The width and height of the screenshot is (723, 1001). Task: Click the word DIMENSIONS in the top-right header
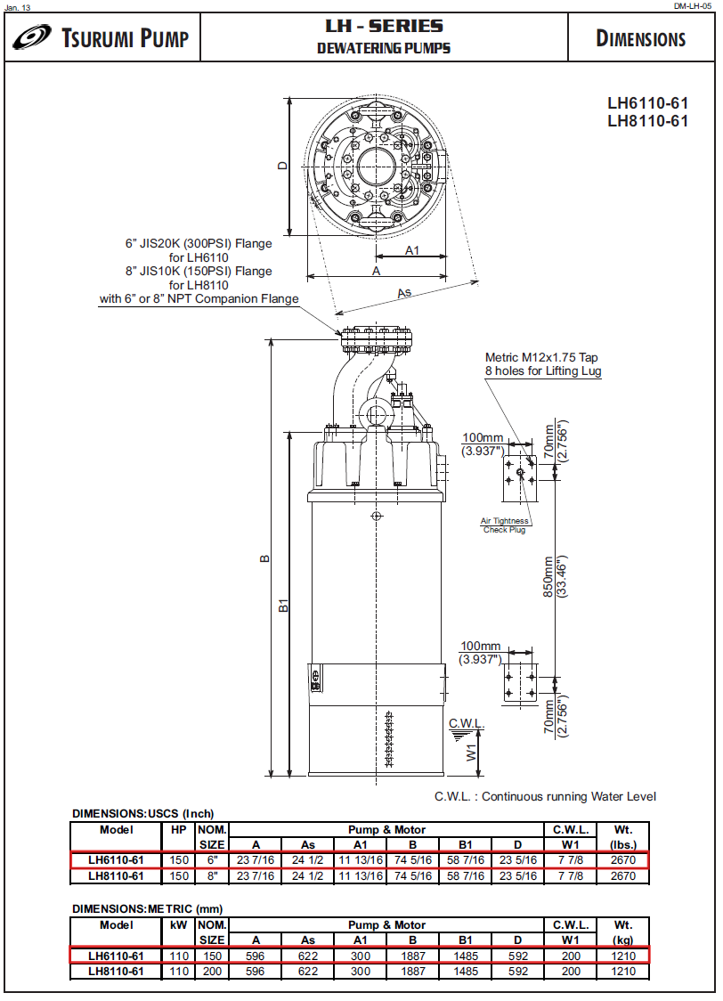coord(640,39)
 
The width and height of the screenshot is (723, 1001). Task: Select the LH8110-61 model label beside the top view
coord(647,121)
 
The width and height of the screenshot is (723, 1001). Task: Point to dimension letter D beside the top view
coord(282,166)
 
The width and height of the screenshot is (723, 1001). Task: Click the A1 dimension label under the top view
coord(412,250)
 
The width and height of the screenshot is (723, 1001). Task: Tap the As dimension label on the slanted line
coord(403,292)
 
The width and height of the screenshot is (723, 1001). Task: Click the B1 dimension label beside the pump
coord(283,606)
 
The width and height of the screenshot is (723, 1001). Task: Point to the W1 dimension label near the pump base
coord(471,753)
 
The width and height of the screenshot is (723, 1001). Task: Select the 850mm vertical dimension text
coord(549,578)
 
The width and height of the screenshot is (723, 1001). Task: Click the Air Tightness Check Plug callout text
coord(505,525)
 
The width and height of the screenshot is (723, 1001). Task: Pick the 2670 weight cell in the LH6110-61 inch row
coord(622,860)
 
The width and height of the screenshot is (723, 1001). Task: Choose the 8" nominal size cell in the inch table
coord(211,875)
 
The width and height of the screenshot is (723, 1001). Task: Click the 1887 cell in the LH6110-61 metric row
coord(412,956)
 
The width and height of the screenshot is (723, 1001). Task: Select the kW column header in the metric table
coord(179,925)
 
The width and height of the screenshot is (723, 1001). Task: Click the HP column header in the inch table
coord(179,829)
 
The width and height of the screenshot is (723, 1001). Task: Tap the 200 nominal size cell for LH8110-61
coord(211,971)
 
